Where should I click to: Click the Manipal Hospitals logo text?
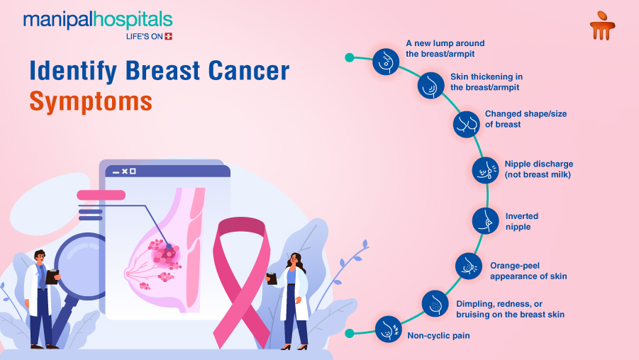97,19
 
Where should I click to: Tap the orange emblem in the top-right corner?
601,25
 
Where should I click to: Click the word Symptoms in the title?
91,101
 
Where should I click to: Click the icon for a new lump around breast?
385,62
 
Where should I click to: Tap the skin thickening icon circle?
430,86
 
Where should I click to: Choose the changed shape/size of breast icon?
466,124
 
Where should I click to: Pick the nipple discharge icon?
485,170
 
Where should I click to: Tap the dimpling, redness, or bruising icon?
435,303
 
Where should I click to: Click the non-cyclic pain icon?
387,329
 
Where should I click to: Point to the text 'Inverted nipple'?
521,221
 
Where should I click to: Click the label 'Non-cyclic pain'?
438,334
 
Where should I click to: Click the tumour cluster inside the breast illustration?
165,254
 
